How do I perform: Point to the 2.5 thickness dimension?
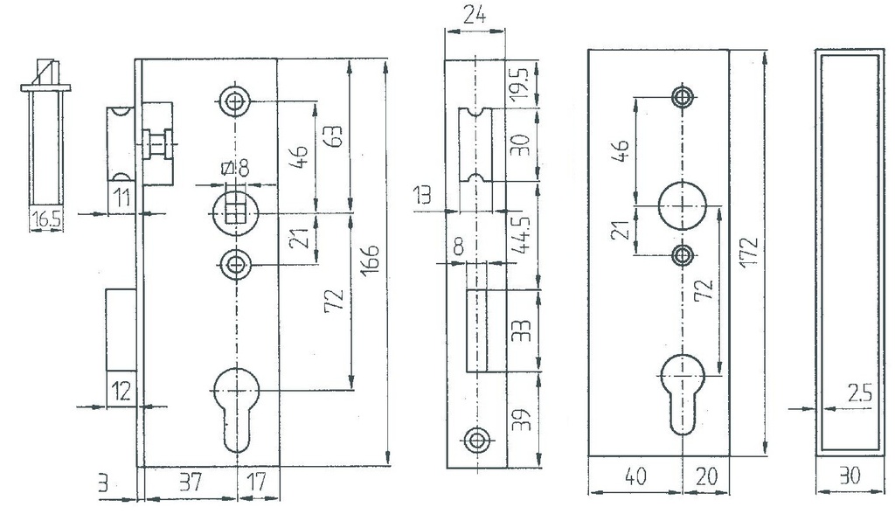(860, 395)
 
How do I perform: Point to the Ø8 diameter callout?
(235, 170)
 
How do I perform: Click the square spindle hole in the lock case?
(233, 209)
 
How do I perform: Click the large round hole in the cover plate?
(682, 204)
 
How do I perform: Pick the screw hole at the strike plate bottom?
(475, 440)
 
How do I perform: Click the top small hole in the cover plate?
(682, 95)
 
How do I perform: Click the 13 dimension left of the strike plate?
(423, 195)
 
